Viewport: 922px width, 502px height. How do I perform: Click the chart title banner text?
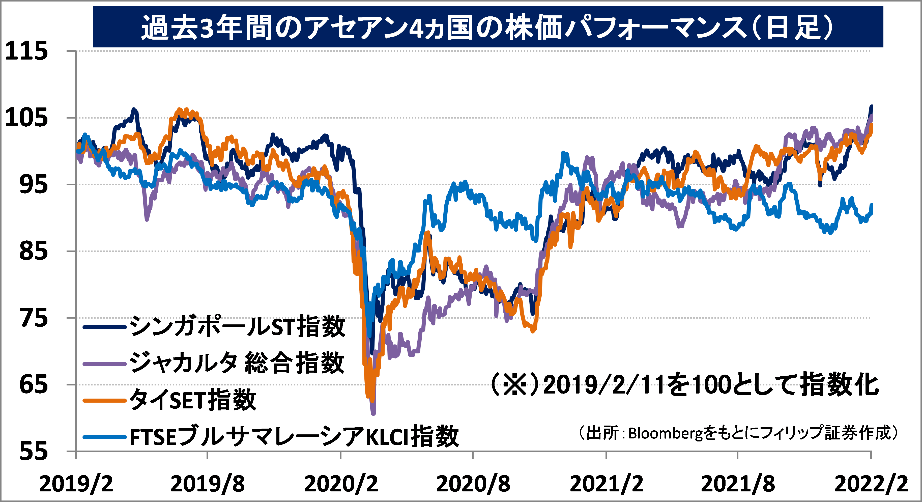[487, 27]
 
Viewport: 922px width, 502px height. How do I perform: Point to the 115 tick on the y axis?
[26, 51]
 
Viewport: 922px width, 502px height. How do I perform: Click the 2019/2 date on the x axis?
[76, 484]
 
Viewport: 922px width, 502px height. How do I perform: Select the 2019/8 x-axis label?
[208, 484]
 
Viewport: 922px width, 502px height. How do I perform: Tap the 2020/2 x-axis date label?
[341, 484]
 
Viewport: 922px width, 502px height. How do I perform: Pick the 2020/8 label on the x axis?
[473, 484]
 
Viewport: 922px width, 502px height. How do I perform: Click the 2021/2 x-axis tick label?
[606, 484]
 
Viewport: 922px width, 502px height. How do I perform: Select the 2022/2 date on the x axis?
[871, 484]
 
